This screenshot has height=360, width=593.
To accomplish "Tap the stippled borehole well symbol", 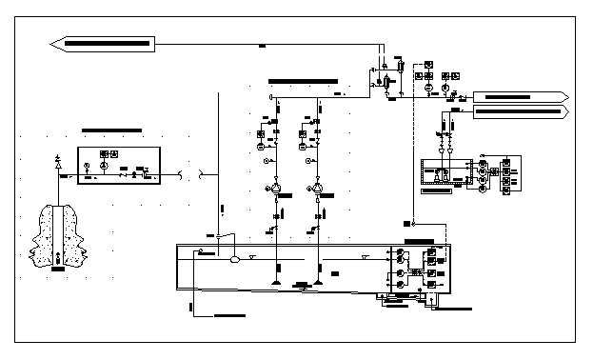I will (59, 236).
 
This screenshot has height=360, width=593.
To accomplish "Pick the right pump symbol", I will (317, 190).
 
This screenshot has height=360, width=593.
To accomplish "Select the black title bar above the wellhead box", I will (111, 130).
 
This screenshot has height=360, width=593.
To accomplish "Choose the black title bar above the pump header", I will (303, 82).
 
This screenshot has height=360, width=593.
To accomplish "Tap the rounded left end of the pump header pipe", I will (272, 97).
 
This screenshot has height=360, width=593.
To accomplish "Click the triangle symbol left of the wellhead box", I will (59, 166).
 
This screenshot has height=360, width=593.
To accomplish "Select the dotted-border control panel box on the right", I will (445, 171).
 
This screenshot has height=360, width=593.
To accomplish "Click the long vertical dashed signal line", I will (415, 152).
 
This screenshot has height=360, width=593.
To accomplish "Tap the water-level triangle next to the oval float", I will (251, 257).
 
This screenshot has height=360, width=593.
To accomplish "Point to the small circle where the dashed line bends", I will (415, 220).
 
